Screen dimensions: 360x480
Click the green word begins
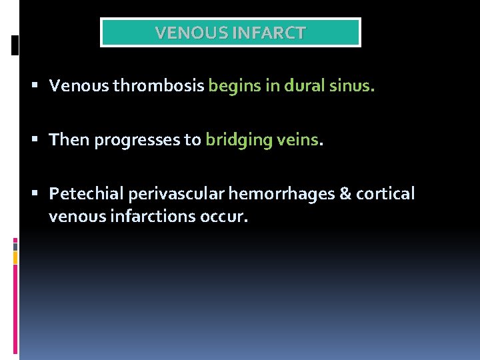(233, 86)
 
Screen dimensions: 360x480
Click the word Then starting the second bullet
(69, 140)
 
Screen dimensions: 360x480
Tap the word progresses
(140, 140)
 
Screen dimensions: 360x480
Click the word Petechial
(86, 194)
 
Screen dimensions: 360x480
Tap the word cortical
(385, 194)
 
